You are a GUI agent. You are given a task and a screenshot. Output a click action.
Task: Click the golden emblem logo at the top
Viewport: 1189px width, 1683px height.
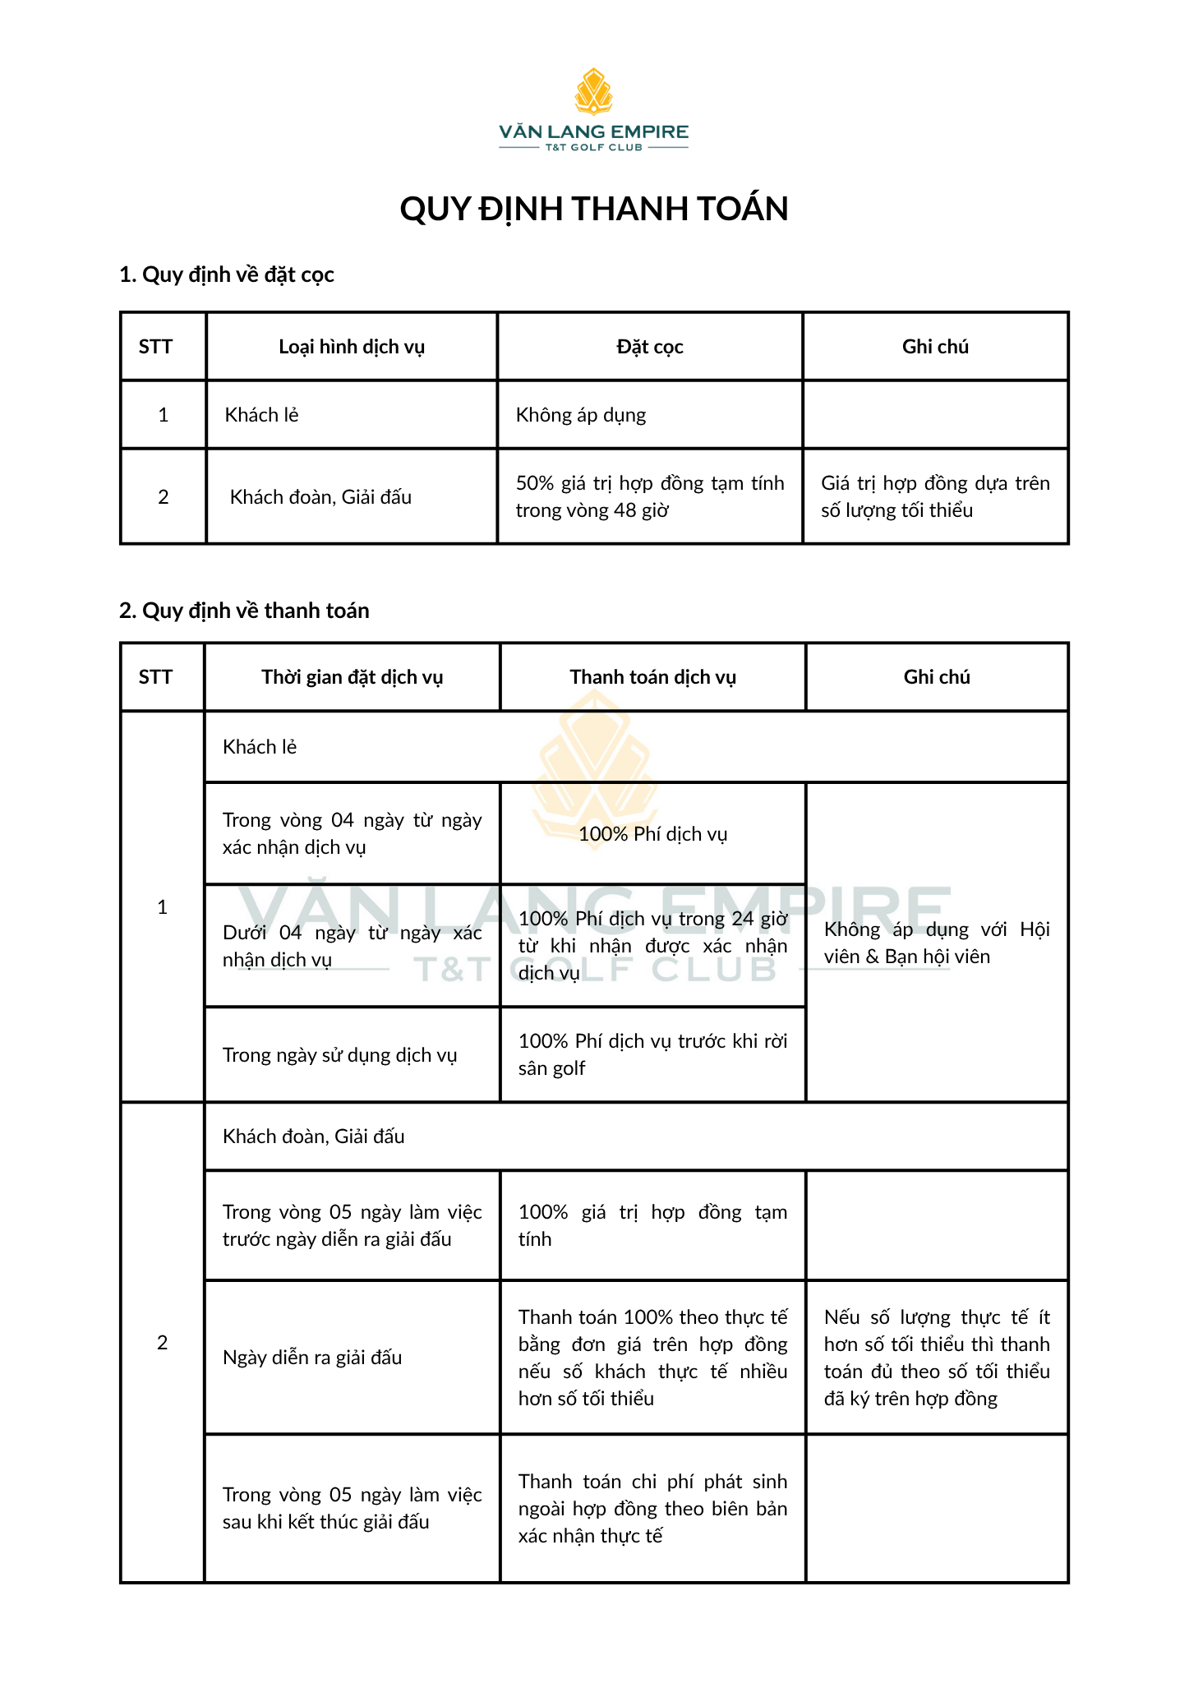[x=593, y=91]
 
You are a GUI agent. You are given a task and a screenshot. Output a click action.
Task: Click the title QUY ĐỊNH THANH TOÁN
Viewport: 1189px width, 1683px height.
[x=593, y=209]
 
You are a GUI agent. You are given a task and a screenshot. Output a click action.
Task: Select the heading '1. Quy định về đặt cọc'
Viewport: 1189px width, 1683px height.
[x=227, y=274]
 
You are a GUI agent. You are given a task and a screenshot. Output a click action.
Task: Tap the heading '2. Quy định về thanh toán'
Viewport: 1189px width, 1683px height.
[x=244, y=611]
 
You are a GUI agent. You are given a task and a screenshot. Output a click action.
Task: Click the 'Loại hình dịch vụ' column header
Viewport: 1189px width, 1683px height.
[x=352, y=347]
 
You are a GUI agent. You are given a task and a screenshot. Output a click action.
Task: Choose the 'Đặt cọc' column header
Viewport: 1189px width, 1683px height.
[x=649, y=347]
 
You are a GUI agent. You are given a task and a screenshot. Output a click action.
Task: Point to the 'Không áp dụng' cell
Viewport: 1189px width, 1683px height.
[x=581, y=415]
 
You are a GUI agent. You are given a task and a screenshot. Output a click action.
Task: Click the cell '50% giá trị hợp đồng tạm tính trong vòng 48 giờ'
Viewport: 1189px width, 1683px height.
[x=649, y=496]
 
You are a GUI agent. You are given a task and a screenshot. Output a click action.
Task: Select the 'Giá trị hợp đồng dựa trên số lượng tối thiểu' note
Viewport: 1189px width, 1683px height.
[x=935, y=496]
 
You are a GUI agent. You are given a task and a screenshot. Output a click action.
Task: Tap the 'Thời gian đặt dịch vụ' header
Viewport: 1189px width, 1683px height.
[x=352, y=677]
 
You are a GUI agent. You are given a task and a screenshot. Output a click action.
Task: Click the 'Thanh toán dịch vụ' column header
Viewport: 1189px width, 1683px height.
[x=652, y=677]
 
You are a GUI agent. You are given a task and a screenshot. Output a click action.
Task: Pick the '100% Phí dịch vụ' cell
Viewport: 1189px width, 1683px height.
[x=652, y=834]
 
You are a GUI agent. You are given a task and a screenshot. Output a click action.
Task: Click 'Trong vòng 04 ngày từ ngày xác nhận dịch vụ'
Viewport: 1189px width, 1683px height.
[x=352, y=833]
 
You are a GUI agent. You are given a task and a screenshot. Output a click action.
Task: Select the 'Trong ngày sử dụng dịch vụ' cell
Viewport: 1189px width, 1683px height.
[x=339, y=1055]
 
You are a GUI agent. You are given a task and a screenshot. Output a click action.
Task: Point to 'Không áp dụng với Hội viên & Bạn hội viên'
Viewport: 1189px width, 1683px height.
[x=937, y=943]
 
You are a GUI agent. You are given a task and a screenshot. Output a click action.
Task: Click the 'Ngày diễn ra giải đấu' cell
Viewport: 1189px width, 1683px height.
[x=312, y=1358]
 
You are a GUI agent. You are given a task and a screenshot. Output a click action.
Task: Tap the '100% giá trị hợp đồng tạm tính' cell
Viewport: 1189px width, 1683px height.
[x=652, y=1225]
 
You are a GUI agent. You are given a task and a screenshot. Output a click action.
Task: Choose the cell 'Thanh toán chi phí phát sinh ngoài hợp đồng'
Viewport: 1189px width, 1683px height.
[x=652, y=1509]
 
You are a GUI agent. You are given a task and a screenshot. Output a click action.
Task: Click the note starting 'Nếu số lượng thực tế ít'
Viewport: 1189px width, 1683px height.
[x=937, y=1358]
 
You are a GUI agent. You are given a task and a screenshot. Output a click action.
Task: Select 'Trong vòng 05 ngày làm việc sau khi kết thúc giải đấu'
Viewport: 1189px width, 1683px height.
[x=352, y=1508]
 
